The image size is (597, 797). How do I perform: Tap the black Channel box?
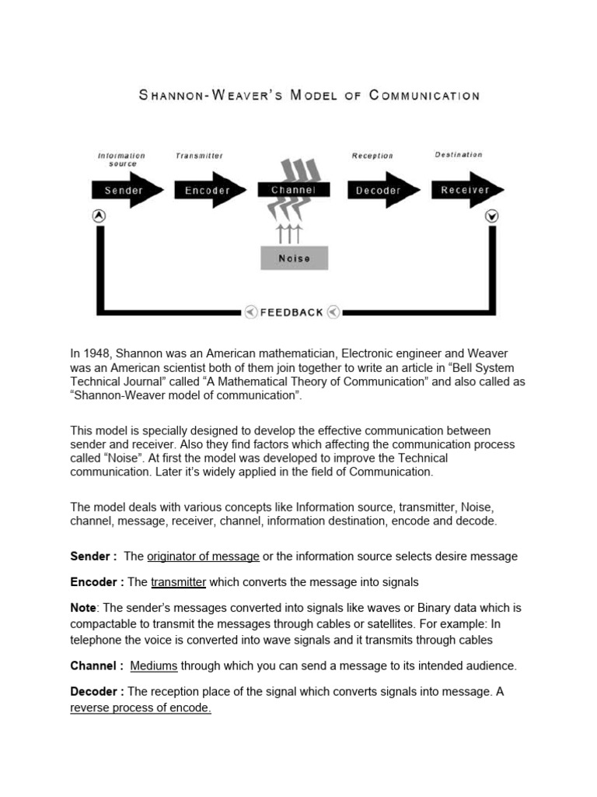coord(294,189)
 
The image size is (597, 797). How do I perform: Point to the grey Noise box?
coord(294,258)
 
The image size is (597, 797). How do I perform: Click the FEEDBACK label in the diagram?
coord(292,312)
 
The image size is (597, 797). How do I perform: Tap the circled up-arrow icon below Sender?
coord(99,216)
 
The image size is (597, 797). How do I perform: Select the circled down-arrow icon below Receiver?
coord(492,216)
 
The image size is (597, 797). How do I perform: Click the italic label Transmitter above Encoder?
coord(199,156)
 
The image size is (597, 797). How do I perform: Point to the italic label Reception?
coord(372,156)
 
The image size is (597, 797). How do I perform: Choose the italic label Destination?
coord(459,155)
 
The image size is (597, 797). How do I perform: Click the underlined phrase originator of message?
coord(203,556)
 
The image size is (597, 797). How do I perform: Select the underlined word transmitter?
coord(178,582)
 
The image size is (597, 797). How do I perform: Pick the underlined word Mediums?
coord(154,665)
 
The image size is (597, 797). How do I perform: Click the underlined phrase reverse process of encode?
coord(141,707)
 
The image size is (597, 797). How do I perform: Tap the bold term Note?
coord(84,607)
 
